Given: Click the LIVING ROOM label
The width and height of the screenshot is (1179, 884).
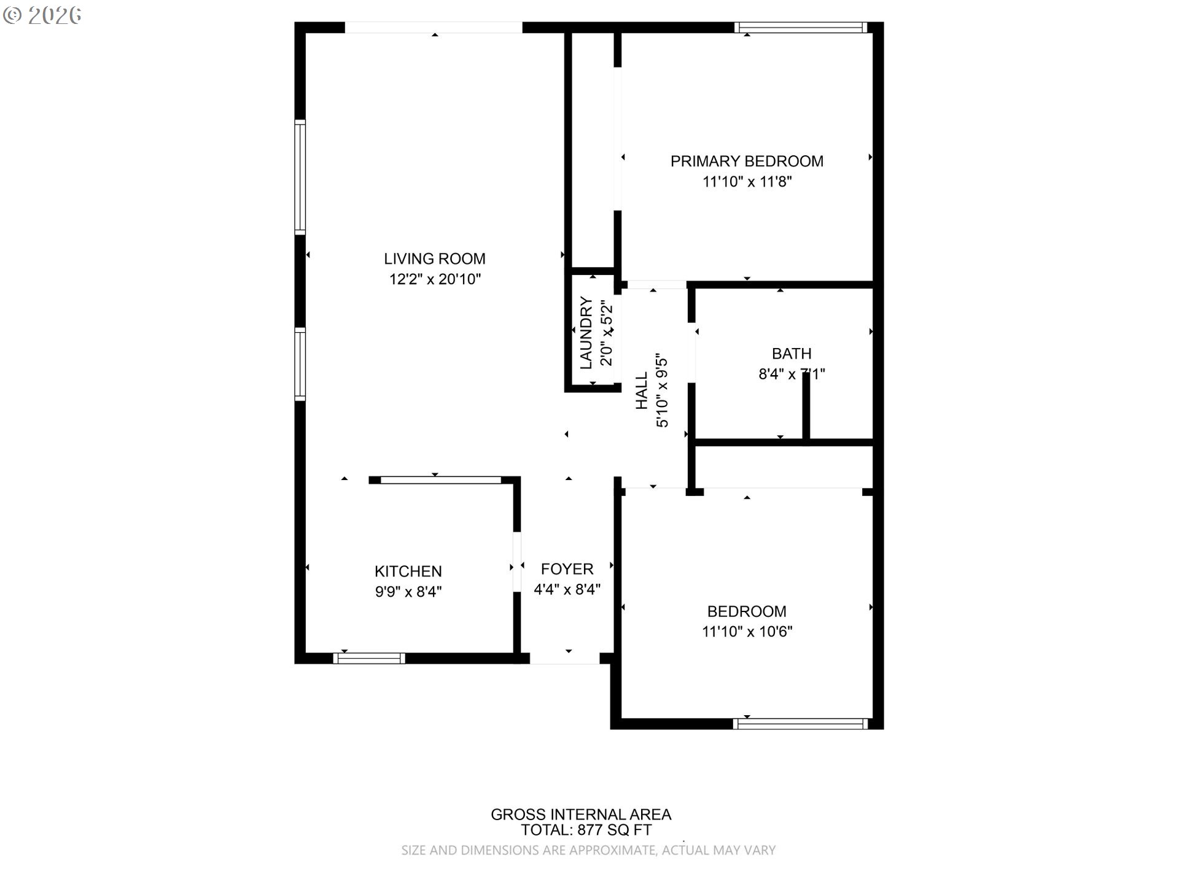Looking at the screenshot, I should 434,259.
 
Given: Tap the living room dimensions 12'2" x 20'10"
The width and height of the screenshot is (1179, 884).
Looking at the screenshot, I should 434,279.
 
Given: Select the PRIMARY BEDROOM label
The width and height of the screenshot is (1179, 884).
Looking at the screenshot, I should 747,161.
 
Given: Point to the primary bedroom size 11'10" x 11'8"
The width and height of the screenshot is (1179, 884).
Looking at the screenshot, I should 747,182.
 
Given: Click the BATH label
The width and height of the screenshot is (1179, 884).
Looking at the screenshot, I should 792,354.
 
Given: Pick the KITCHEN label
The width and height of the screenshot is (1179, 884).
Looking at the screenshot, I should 408,572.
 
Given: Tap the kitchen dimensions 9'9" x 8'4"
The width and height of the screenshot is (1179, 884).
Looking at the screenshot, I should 408,592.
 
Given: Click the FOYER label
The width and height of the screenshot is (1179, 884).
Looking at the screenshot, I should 567,569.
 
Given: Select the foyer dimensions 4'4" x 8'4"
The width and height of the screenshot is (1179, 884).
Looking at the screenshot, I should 567,589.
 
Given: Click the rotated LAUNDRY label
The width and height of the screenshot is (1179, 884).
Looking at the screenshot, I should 586,333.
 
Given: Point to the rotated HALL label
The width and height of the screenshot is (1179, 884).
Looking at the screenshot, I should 642,390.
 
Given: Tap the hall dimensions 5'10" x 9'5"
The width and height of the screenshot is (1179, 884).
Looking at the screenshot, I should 661,390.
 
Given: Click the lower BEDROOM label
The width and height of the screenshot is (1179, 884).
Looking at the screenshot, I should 747,611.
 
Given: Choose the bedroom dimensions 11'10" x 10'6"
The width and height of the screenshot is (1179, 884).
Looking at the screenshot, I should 747,632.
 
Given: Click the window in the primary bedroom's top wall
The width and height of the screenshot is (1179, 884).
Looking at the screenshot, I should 801,27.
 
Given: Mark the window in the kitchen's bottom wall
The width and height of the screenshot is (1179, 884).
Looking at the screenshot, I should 369,658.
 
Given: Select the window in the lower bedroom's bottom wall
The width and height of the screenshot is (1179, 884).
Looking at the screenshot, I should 801,724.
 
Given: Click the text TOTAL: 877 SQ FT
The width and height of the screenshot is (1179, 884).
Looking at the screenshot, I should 586,831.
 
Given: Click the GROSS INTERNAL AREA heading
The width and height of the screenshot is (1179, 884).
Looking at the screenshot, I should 580,815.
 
